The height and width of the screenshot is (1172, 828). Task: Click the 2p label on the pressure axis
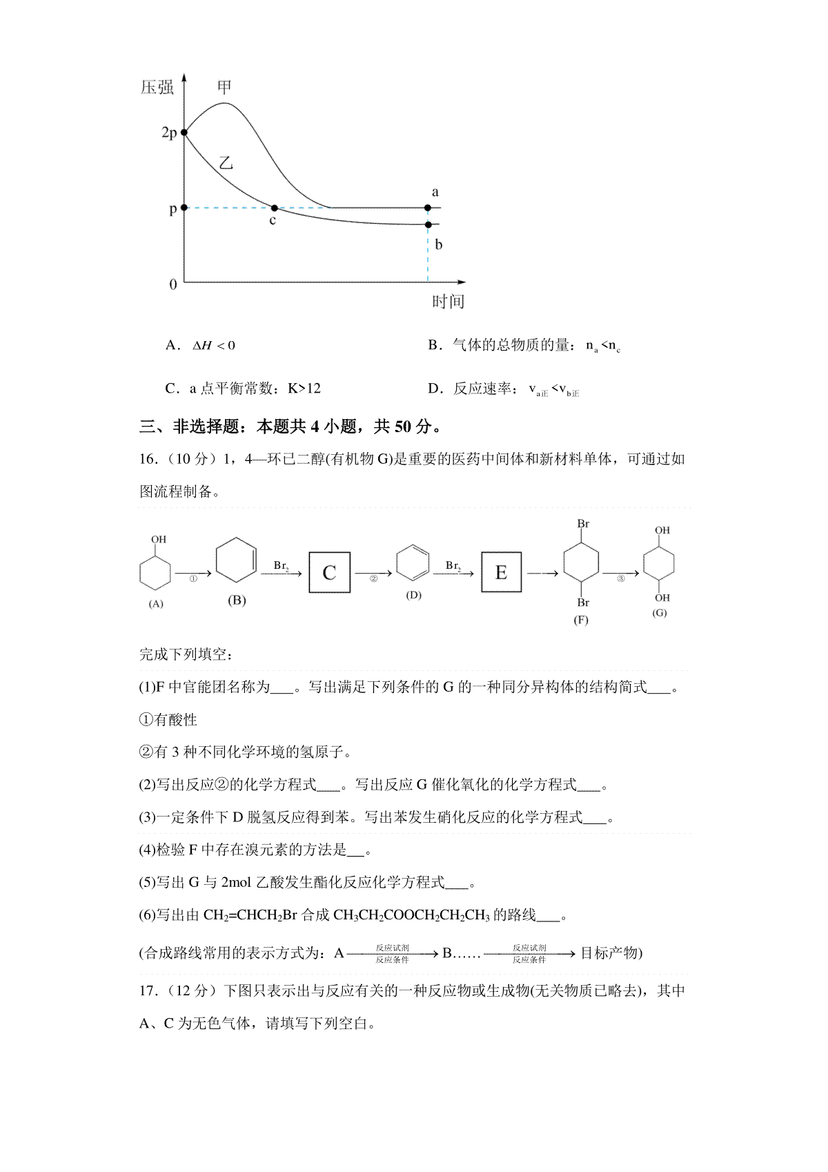(169, 133)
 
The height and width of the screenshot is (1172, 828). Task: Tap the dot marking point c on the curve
(274, 208)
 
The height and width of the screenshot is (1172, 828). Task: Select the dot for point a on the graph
(428, 208)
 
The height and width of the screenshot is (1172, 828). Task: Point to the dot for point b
(428, 225)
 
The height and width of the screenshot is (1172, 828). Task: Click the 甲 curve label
(224, 87)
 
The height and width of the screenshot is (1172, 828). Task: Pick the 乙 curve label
(226, 164)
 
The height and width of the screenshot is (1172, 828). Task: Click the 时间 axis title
(448, 302)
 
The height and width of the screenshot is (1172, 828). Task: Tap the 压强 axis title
(157, 88)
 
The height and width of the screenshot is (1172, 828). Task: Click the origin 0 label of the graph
(173, 284)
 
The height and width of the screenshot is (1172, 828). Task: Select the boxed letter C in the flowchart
(329, 572)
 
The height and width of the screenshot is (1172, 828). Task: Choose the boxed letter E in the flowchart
(501, 572)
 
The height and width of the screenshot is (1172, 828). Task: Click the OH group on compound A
(159, 540)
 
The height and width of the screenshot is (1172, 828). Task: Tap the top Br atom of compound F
(583, 524)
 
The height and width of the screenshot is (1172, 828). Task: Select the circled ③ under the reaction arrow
(620, 579)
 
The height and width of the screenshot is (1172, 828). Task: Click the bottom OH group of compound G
(662, 598)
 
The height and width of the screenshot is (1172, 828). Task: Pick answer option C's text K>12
(304, 389)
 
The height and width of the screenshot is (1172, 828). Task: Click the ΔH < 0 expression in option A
(214, 345)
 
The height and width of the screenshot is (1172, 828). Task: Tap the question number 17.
(148, 991)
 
